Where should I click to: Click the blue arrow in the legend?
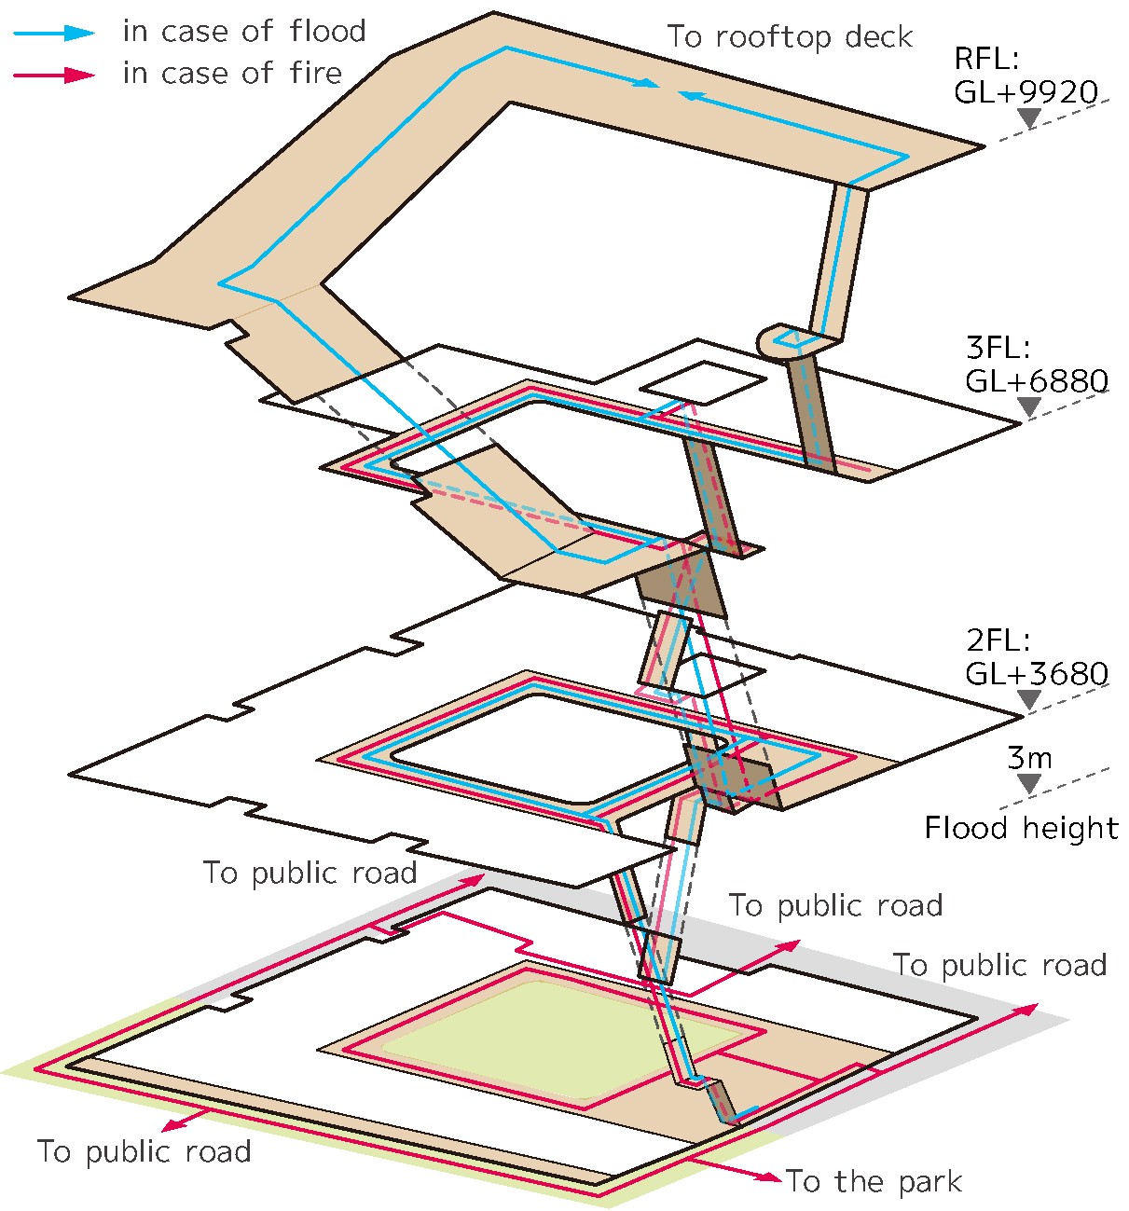(x=54, y=33)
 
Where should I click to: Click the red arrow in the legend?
(x=54, y=75)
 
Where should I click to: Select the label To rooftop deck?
(x=790, y=37)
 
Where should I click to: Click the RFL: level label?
(x=987, y=60)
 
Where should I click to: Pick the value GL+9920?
(x=1026, y=91)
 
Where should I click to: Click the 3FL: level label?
(x=998, y=349)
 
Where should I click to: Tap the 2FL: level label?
(x=998, y=640)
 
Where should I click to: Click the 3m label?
(x=1029, y=757)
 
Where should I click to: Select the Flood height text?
(x=1021, y=828)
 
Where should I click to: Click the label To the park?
(x=874, y=1182)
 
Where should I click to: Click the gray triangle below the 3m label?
(x=1029, y=784)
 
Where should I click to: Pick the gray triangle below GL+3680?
(x=1029, y=699)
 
